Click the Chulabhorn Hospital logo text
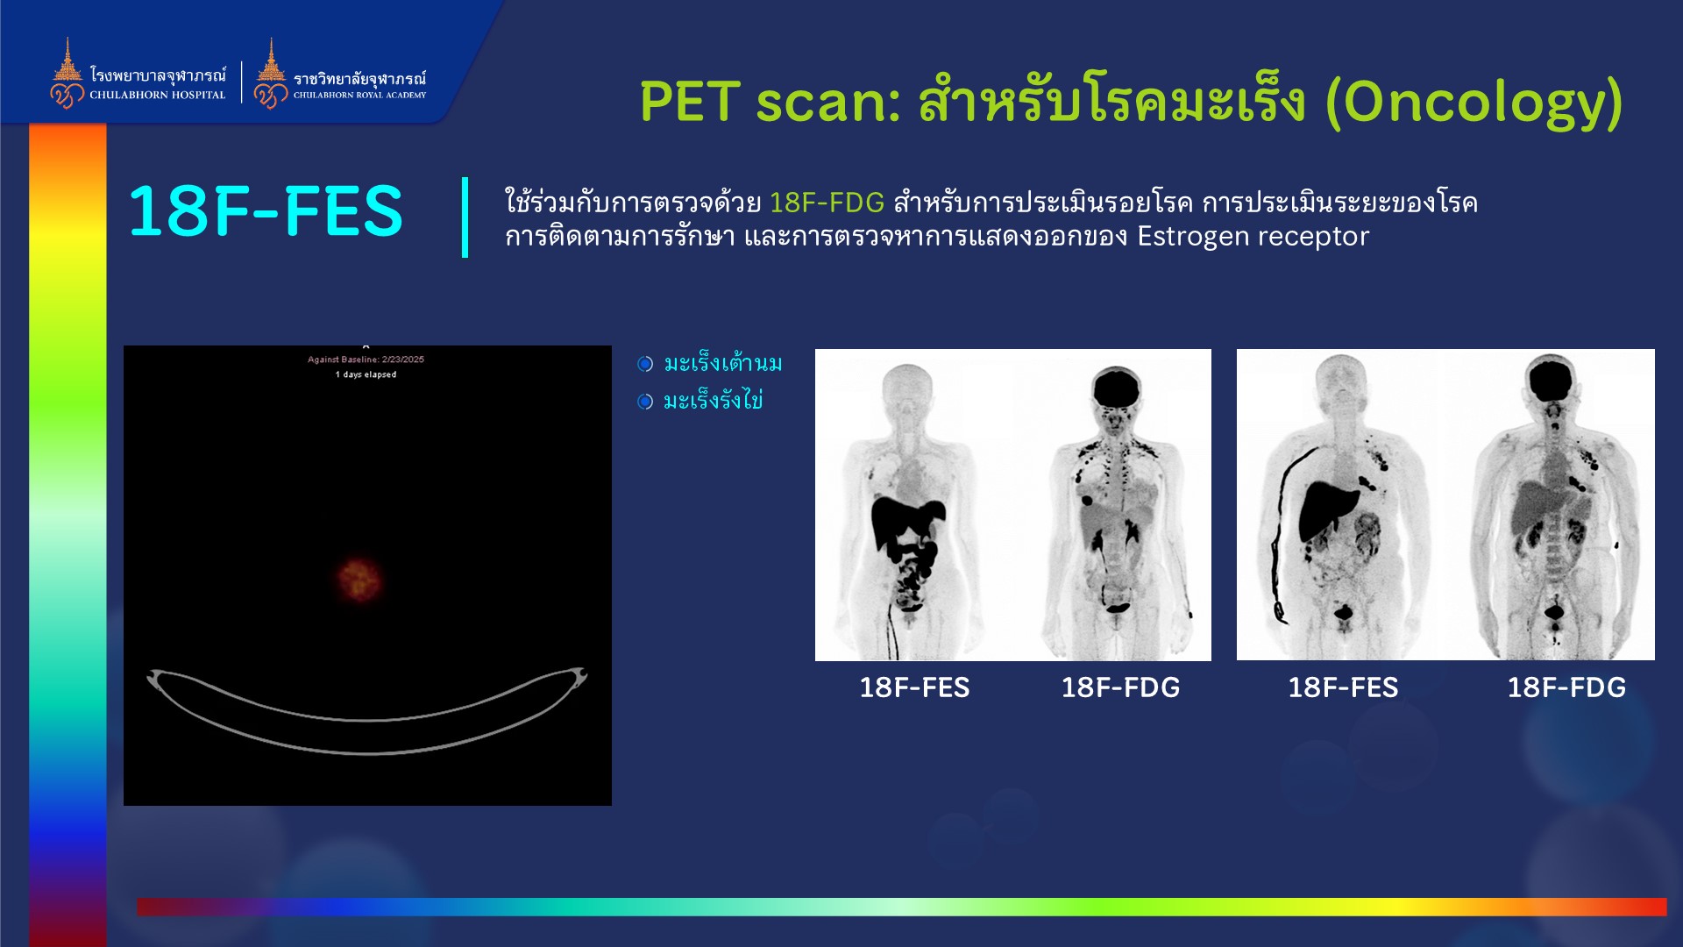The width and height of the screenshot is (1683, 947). tap(158, 84)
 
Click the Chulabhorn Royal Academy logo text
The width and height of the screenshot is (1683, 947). tap(359, 85)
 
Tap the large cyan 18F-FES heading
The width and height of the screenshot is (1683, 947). tap(266, 211)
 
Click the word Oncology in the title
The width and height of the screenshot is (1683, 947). tap(1474, 103)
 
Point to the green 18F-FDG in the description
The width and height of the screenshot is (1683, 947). tap(827, 203)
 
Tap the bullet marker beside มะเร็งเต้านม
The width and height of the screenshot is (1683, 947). tap(645, 364)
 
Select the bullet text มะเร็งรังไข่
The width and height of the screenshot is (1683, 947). tap(713, 401)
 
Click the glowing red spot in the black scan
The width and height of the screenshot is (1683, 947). tap(359, 579)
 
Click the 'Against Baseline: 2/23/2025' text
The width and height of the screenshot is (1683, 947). tap(366, 360)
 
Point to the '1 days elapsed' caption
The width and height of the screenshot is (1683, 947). tap(366, 374)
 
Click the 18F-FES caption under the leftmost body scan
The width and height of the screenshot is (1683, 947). tap(914, 687)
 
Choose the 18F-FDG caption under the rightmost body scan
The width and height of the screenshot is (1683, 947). tap(1566, 687)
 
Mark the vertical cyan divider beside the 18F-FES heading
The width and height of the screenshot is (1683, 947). tap(465, 217)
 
